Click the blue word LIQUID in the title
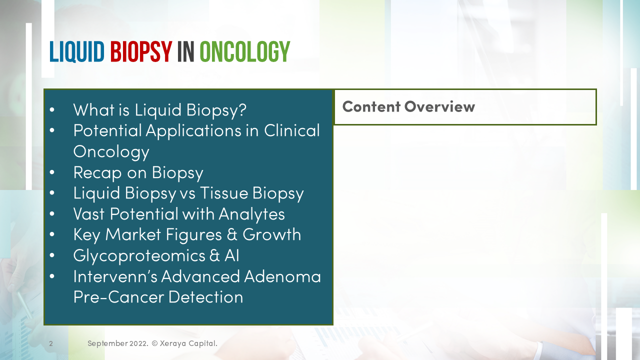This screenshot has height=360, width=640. [76, 52]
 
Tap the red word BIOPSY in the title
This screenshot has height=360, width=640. [141, 52]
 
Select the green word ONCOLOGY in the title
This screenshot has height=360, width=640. [244, 52]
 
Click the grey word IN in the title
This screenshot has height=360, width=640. [185, 52]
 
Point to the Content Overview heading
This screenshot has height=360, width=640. [408, 106]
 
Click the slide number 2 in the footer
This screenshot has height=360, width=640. [51, 343]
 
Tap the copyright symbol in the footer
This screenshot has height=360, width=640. [154, 343]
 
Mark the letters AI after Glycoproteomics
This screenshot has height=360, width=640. [231, 255]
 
